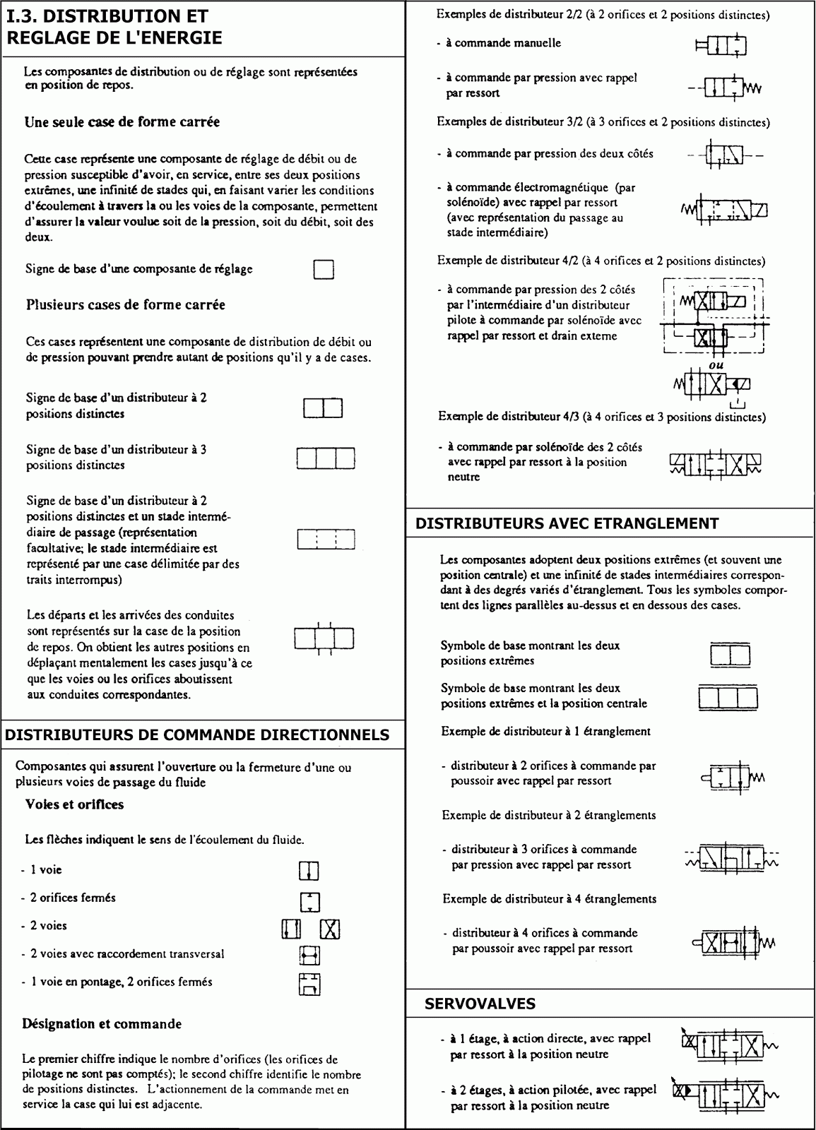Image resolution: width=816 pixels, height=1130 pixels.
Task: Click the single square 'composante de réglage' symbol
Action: (324, 270)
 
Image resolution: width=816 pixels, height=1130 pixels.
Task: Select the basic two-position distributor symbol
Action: (323, 408)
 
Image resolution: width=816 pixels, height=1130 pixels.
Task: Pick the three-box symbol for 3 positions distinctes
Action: (324, 458)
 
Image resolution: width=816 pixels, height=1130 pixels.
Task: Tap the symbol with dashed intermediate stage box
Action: (324, 540)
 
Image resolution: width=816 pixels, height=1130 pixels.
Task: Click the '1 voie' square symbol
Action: (309, 871)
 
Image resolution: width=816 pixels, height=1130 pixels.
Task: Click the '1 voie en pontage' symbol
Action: (309, 984)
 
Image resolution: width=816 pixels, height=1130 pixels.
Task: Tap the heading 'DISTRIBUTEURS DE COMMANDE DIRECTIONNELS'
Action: (197, 734)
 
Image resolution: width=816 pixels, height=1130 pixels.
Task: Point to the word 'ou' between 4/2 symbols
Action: (716, 365)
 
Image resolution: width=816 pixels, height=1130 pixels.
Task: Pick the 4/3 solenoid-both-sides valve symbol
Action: (715, 463)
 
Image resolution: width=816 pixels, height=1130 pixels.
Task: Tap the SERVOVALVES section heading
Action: (480, 1004)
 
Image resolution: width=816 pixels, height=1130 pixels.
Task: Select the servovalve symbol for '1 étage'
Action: (728, 1045)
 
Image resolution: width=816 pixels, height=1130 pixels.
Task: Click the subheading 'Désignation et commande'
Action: (102, 1023)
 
